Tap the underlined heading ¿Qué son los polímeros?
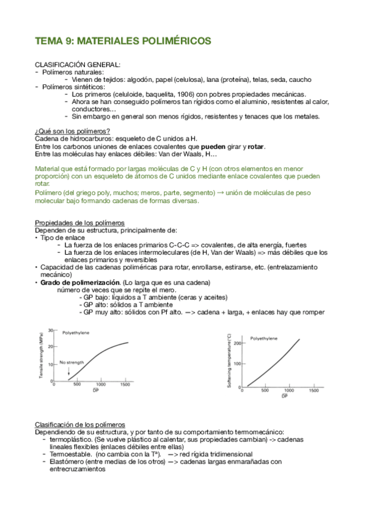click(x=72, y=131)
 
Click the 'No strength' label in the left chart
click(x=71, y=362)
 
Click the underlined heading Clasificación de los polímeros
click(x=79, y=424)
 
